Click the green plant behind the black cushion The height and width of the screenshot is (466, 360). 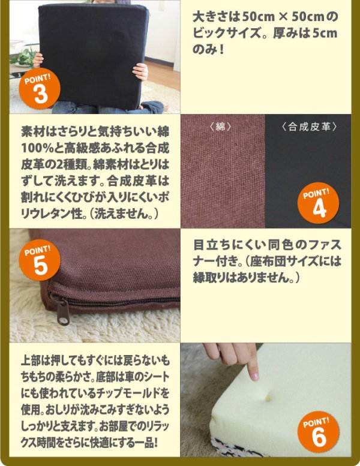point(24,57)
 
